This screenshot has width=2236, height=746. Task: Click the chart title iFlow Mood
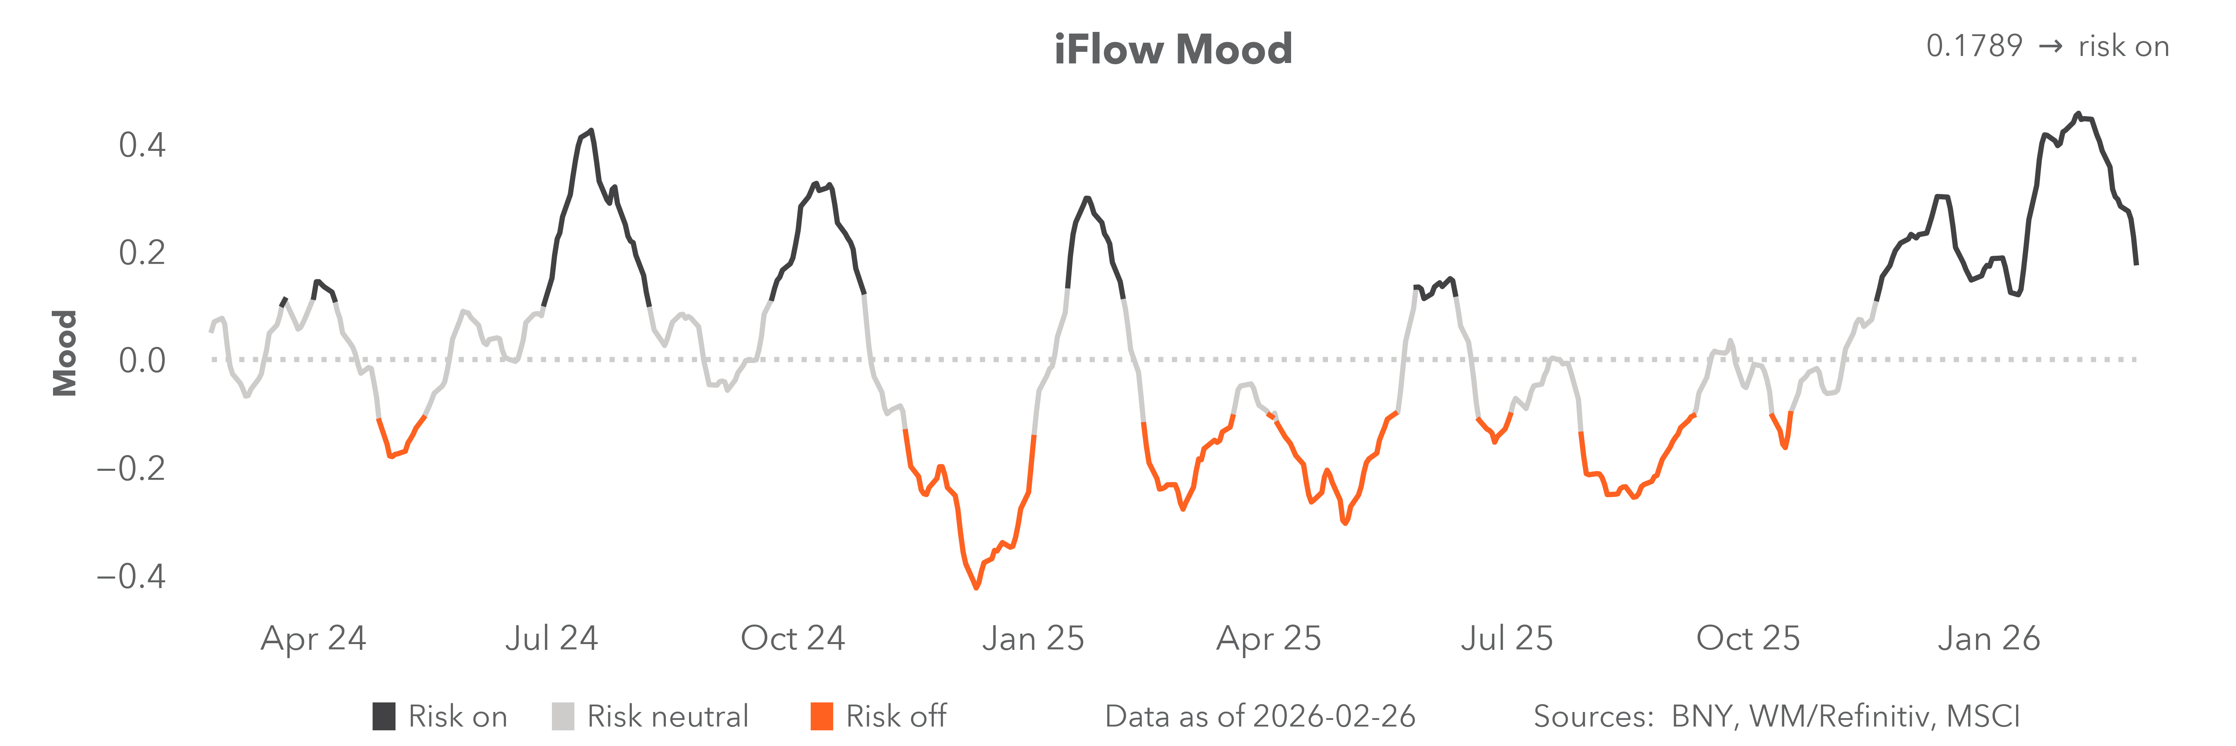tap(1173, 49)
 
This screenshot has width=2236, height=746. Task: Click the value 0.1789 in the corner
tap(1974, 46)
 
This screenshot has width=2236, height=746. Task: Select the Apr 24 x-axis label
tap(313, 638)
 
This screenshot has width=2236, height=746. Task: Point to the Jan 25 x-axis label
tap(1033, 638)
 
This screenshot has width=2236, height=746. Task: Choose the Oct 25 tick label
tap(1747, 638)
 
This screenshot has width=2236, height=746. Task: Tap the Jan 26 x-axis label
tap(1988, 638)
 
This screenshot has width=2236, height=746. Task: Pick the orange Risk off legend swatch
tap(821, 717)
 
